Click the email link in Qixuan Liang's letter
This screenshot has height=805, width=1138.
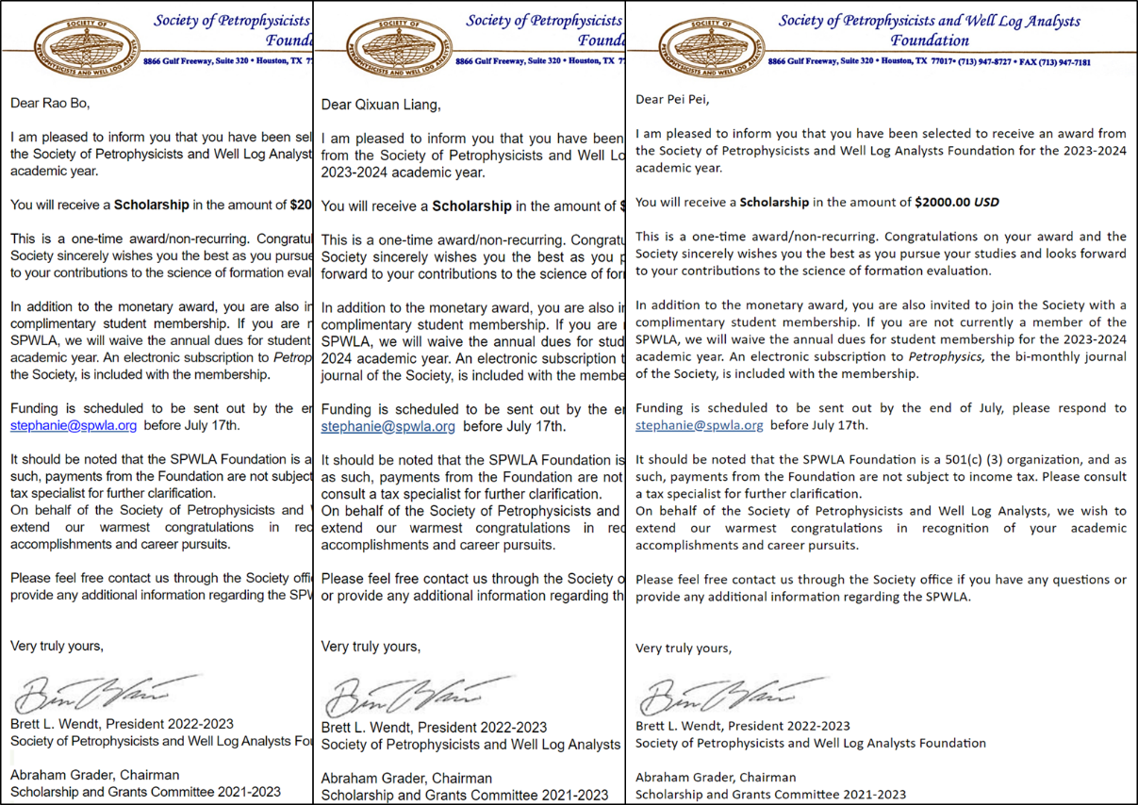pyautogui.click(x=388, y=427)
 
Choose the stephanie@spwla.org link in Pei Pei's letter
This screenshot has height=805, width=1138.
pyautogui.click(x=699, y=425)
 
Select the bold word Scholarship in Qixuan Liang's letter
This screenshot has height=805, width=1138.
pyautogui.click(x=471, y=206)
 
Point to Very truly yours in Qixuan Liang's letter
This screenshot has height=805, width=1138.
pyautogui.click(x=371, y=647)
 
